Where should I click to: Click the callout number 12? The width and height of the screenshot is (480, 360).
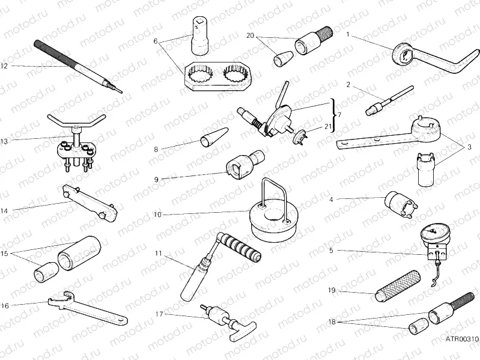(x=4, y=66)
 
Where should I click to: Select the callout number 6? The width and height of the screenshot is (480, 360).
(x=156, y=41)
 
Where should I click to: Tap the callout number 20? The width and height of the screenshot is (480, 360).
(x=251, y=35)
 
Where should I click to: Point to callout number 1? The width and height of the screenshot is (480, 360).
(x=348, y=35)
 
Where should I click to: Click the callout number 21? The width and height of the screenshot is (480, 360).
(x=327, y=126)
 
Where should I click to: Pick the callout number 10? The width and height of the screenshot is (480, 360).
(x=157, y=214)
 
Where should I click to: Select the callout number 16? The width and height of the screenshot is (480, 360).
(x=4, y=305)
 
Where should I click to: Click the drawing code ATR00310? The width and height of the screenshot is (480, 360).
(x=459, y=339)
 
